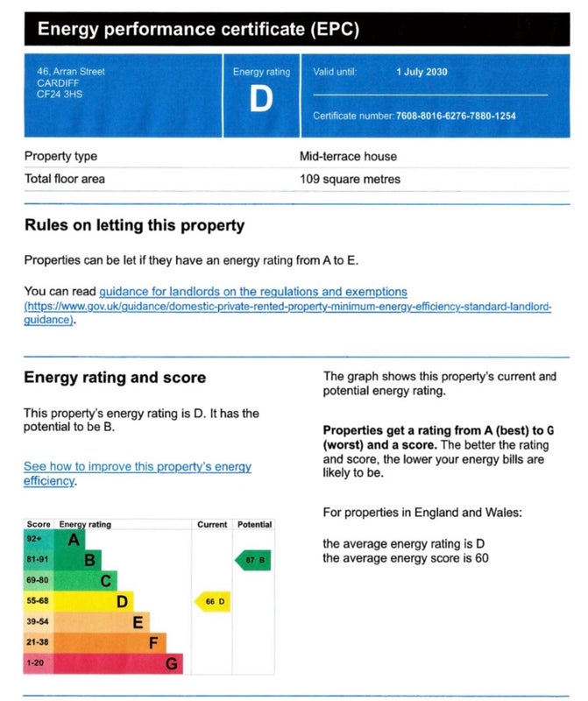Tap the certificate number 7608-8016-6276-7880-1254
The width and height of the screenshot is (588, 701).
(x=456, y=116)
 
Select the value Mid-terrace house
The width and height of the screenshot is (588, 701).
(x=348, y=157)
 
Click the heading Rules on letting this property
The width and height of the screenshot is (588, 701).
(x=134, y=225)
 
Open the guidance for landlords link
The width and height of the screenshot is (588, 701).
(x=253, y=291)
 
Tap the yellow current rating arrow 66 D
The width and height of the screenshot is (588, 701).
(x=212, y=601)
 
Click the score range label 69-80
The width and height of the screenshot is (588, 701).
(x=37, y=580)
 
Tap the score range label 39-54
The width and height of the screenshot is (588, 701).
(x=37, y=621)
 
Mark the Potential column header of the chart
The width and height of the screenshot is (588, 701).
(x=254, y=524)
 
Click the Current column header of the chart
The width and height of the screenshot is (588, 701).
(x=212, y=524)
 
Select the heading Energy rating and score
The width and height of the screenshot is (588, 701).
(x=115, y=378)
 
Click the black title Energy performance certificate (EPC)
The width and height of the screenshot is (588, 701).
(x=198, y=30)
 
